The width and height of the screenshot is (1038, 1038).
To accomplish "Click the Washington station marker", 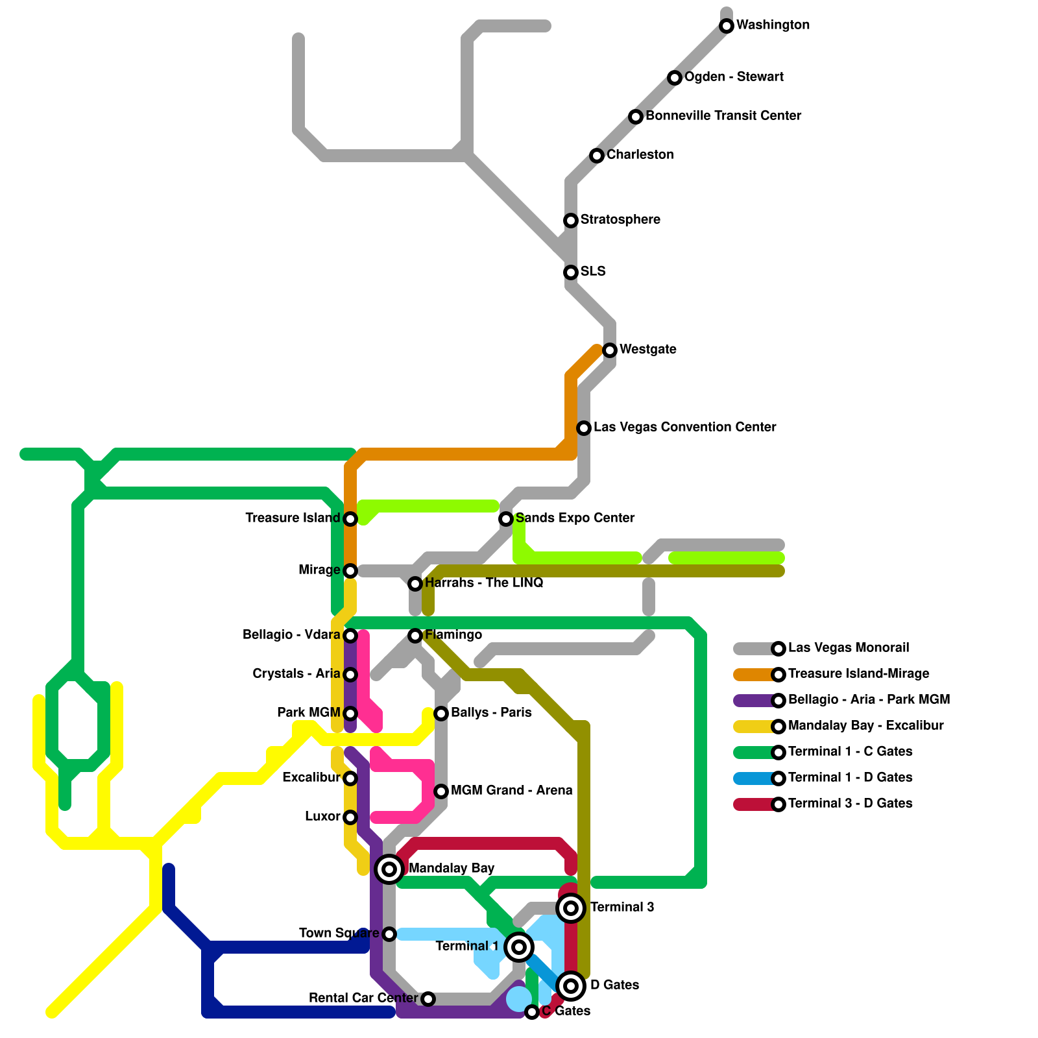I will [727, 26].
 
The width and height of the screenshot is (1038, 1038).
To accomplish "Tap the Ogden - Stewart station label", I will [734, 77].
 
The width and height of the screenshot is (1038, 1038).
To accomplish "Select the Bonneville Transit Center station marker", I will [636, 117].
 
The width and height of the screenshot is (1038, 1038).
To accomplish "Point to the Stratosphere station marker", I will [571, 221].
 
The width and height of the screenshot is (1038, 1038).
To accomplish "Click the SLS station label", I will [593, 272].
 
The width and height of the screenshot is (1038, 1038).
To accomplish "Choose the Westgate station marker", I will [610, 350].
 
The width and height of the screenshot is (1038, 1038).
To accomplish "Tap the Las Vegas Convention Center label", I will [684, 428].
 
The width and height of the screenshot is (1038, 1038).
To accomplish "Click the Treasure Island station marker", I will [350, 519].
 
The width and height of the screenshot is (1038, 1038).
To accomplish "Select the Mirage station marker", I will [350, 571].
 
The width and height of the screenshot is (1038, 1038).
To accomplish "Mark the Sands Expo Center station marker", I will [506, 519].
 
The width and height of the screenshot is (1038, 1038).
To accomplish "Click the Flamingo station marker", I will [415, 636].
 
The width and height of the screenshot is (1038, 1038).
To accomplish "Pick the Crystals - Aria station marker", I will [350, 675].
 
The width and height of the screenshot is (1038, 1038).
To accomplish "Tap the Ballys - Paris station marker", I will [441, 714].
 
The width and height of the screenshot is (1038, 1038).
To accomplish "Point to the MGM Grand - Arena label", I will [511, 791].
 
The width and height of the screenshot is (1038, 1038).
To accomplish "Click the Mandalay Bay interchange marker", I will [389, 869].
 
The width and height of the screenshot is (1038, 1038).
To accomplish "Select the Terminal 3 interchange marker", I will [571, 908].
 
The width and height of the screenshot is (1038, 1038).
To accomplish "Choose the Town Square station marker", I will [389, 934].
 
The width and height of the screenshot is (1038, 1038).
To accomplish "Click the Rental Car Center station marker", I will [428, 999].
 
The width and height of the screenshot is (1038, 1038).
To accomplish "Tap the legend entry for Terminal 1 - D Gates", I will [850, 778].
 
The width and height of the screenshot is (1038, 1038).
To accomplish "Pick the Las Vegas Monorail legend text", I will [848, 648].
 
